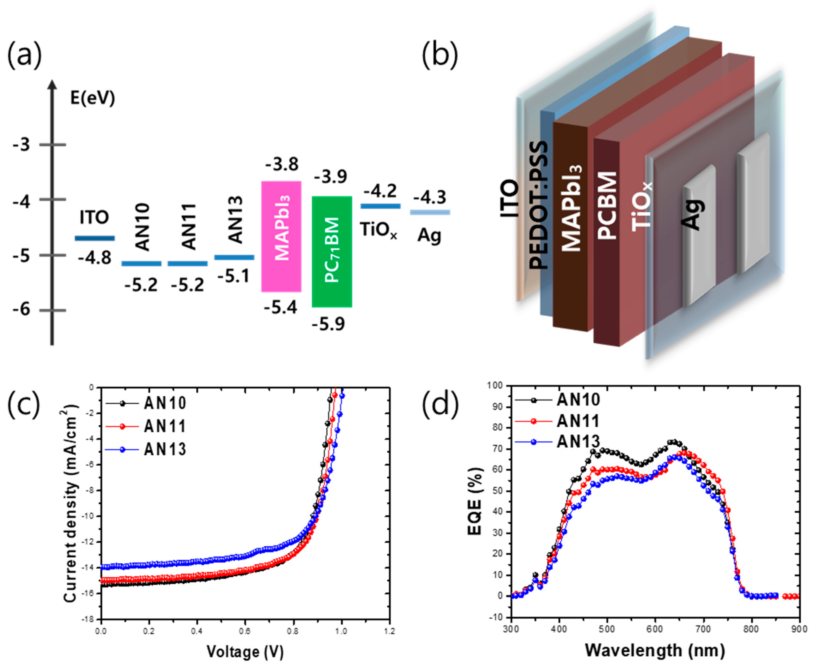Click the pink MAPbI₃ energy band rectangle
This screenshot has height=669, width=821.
click(281, 236)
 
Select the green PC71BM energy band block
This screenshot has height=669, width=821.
click(332, 251)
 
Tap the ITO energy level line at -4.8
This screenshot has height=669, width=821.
click(94, 238)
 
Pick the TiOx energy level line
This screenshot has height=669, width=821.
click(380, 206)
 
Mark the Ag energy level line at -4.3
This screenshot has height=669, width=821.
click(430, 212)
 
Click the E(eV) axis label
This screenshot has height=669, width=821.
click(93, 99)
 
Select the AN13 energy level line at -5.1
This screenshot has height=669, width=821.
click(234, 257)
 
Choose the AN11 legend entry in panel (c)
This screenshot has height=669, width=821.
click(165, 426)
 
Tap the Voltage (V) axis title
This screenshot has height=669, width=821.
click(245, 651)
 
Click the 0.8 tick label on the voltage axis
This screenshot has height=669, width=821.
click(293, 632)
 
